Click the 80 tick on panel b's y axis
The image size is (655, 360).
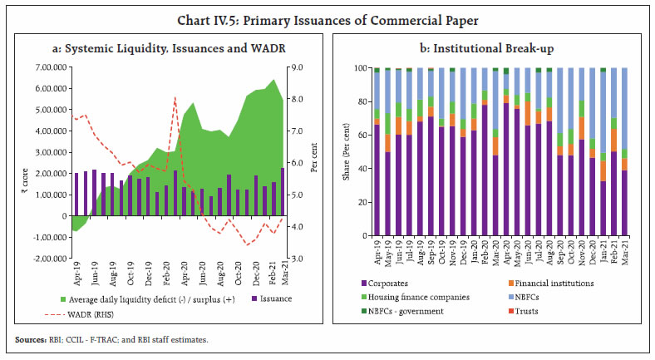click(364, 102)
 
